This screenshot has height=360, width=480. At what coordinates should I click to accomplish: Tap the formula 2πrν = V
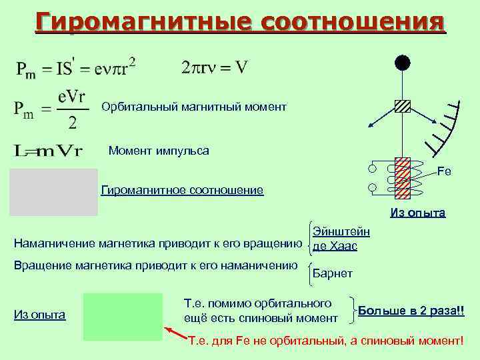point(215,67)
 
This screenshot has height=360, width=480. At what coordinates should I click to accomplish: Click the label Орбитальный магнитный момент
point(194,107)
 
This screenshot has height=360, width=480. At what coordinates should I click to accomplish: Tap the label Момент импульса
point(159,151)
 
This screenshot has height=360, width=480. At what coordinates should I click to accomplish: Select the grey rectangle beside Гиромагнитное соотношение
point(54,192)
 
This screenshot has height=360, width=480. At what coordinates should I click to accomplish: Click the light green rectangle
point(123,317)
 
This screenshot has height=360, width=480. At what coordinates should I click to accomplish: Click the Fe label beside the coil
point(444,171)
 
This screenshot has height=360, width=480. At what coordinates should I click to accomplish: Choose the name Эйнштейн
point(341,232)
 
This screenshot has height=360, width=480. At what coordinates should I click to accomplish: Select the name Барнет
point(333,274)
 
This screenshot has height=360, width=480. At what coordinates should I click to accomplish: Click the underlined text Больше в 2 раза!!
point(411,311)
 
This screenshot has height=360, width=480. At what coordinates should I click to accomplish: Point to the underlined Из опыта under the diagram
point(418,214)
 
